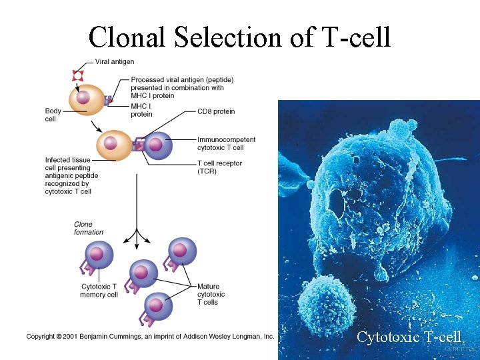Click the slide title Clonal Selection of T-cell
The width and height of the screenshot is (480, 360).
[239, 37]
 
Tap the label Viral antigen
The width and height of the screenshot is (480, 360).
[115, 62]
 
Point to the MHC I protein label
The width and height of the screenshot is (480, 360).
[141, 110]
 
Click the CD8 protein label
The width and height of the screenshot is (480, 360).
[216, 111]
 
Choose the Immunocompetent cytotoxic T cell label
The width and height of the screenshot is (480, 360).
[226, 143]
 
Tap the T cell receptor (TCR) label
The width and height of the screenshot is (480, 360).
[219, 167]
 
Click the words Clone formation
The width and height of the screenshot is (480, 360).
[89, 228]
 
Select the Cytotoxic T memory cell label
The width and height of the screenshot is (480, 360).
[99, 291]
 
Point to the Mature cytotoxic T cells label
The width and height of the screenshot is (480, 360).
[211, 295]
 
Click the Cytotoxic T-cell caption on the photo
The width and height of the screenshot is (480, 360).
[408, 337]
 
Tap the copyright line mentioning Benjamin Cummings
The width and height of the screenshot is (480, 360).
[151, 337]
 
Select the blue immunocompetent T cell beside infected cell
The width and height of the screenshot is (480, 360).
[157, 146]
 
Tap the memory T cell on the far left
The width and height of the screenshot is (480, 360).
[98, 255]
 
